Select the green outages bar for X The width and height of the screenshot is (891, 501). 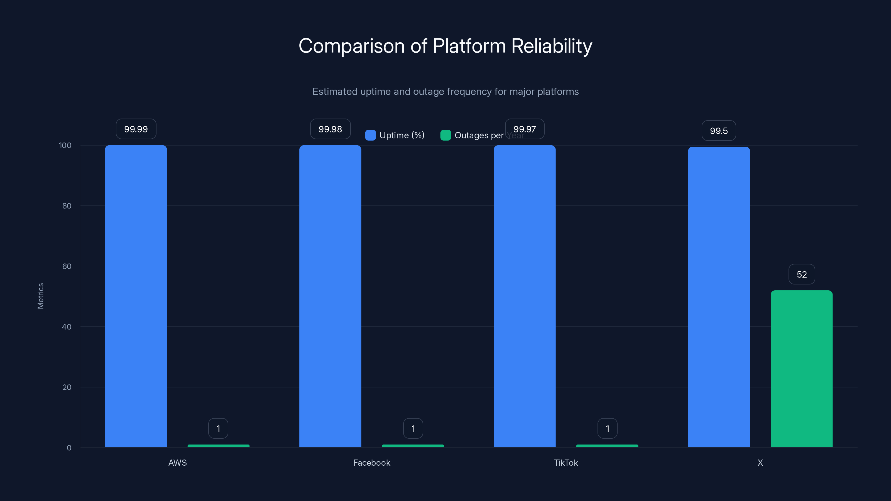coord(801,369)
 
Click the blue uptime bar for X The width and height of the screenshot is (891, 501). coord(719,297)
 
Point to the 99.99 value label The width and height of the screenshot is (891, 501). coord(136,129)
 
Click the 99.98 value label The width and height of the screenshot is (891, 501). coord(330,129)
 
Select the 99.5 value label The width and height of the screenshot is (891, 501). coord(719,131)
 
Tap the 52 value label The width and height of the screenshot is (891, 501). coord(801,274)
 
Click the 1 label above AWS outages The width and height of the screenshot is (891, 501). coord(218,428)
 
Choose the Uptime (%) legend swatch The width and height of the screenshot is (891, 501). coord(370,135)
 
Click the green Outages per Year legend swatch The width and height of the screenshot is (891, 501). coord(445,135)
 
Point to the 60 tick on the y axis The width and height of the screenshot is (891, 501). coord(67,266)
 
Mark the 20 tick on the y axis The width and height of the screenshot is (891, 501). coord(67,387)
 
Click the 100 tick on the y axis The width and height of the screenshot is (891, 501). coord(65,145)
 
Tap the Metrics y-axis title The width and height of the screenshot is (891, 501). coord(40,296)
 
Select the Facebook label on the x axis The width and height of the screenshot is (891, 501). coord(371,463)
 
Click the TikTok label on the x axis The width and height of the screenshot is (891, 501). coord(566,463)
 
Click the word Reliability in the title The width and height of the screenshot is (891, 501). coord(552,46)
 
